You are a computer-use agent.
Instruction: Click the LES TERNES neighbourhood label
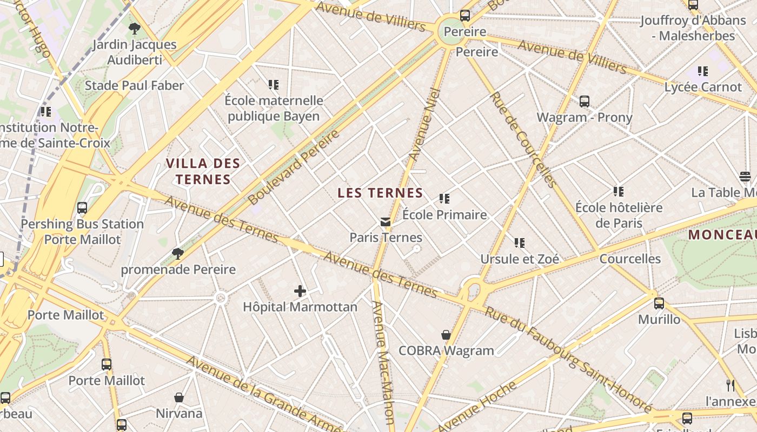point(380,193)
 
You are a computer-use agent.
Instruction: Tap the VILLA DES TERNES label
point(203,171)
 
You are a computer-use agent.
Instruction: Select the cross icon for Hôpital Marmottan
point(300,292)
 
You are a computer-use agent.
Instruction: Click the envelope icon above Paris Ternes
point(386,221)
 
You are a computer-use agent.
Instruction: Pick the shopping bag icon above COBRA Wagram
point(446,335)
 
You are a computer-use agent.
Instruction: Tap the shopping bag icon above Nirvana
point(179,397)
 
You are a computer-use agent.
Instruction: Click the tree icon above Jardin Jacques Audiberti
point(135,29)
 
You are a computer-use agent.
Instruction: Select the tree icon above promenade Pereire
point(177,253)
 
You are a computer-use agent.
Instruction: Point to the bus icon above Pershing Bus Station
point(82,208)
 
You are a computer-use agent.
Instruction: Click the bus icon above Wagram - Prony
point(585,102)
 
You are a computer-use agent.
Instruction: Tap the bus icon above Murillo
point(659,303)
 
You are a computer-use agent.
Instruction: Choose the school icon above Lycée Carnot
point(703,71)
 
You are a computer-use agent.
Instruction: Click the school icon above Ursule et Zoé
point(520,243)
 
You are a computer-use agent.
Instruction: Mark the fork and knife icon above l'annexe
point(731,385)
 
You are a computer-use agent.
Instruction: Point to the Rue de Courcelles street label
point(523,140)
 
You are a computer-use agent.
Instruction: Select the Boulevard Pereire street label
point(295,167)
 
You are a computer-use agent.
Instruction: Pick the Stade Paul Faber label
point(134,85)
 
